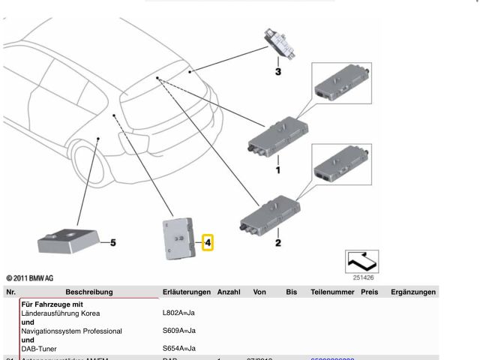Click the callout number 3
[x=277, y=73]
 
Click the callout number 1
[x=277, y=170]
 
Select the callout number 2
[x=277, y=242]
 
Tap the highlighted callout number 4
[x=208, y=242]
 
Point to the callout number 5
[x=113, y=242]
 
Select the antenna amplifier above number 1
[x=275, y=137]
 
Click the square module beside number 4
[x=177, y=238]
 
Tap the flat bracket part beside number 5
[x=67, y=238]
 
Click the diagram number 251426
[x=361, y=277]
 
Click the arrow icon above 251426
[x=361, y=261]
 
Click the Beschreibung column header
[x=88, y=292]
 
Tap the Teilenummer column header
[x=332, y=292]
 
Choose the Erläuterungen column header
[x=186, y=292]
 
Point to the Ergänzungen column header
[x=413, y=292]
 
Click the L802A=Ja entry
[x=179, y=312]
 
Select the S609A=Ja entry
[x=179, y=331]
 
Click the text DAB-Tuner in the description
[x=45, y=349]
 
